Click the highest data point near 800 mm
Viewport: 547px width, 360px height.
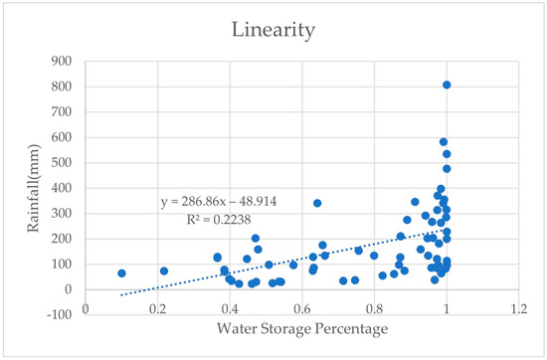(x=447, y=86)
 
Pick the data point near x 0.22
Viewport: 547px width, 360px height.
(x=164, y=270)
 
